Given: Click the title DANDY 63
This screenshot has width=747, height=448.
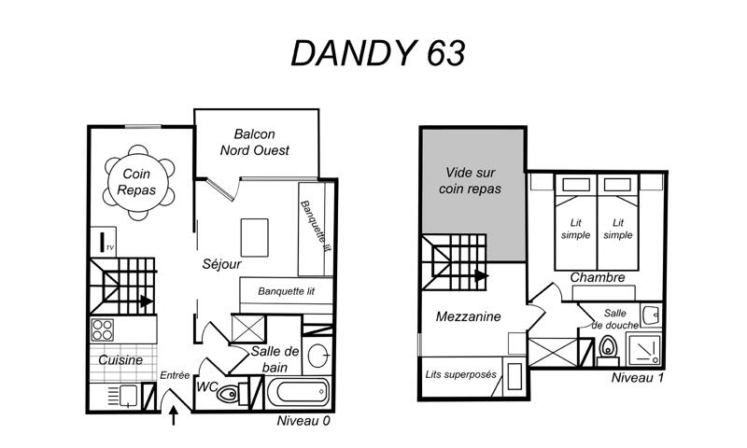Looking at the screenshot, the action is click(378, 53).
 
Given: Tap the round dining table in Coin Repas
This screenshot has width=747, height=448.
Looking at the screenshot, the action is click(138, 182).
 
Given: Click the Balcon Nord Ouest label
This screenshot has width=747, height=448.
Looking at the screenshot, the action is click(254, 143).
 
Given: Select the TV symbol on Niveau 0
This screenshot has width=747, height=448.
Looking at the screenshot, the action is click(103, 242).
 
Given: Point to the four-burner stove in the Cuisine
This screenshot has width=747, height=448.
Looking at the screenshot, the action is click(103, 329).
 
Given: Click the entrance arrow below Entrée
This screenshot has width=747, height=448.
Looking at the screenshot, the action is click(174, 415).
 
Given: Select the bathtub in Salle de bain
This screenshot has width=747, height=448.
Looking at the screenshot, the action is click(298, 393).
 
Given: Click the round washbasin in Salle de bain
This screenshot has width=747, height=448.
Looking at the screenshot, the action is click(317, 356).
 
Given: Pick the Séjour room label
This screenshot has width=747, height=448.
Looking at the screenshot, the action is click(221, 264).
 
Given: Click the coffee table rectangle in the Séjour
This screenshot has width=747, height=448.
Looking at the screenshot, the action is click(254, 238).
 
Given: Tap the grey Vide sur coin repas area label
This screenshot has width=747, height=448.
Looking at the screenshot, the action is click(471, 180).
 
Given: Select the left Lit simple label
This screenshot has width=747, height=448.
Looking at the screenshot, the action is click(575, 229).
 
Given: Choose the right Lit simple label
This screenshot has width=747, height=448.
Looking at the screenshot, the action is click(618, 229).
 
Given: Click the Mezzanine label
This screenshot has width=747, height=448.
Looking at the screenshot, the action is click(469, 316).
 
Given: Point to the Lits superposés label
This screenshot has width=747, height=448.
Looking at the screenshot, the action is click(460, 374).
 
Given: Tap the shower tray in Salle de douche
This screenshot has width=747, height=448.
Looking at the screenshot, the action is click(644, 349).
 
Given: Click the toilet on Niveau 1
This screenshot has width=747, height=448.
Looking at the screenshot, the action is click(608, 350).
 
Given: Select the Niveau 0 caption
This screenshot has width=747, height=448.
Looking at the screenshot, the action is click(303, 421).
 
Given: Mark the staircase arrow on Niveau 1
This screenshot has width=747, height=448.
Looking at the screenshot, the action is click(482, 275).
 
